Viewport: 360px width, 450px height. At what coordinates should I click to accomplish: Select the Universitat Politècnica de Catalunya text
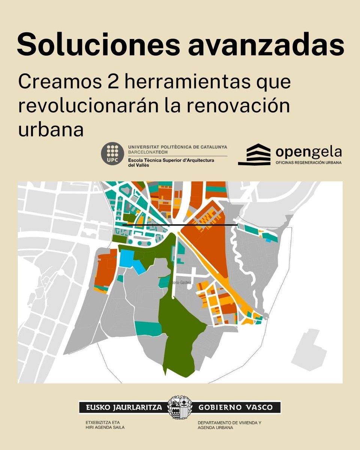(177, 147)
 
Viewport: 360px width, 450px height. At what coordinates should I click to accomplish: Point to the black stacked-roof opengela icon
(254, 154)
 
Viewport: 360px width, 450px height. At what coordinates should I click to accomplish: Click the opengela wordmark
(309, 151)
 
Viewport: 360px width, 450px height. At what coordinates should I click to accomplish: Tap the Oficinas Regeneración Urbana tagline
(309, 163)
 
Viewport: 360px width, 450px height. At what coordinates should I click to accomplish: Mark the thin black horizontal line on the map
(180, 225)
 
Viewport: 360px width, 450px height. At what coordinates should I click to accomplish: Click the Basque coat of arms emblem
(180, 407)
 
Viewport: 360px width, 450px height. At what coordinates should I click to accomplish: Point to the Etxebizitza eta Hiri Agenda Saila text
(105, 425)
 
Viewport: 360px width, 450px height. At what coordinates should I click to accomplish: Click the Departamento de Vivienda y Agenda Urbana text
(229, 425)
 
